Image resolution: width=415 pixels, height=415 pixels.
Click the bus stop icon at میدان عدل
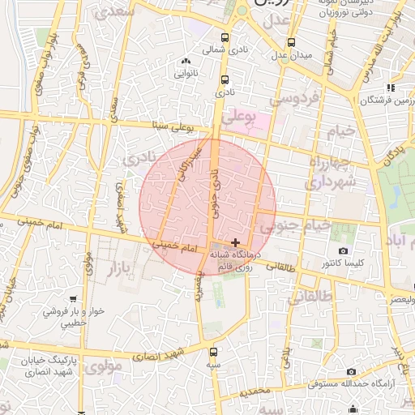click(x=291, y=43)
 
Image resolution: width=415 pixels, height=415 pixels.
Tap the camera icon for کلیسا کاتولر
click(x=344, y=251)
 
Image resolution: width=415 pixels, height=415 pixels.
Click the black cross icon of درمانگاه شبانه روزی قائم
click(x=235, y=242)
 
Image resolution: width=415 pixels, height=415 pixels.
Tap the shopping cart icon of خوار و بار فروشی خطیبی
click(x=74, y=299)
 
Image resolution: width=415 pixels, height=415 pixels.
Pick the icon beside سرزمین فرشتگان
click(x=390, y=88)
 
